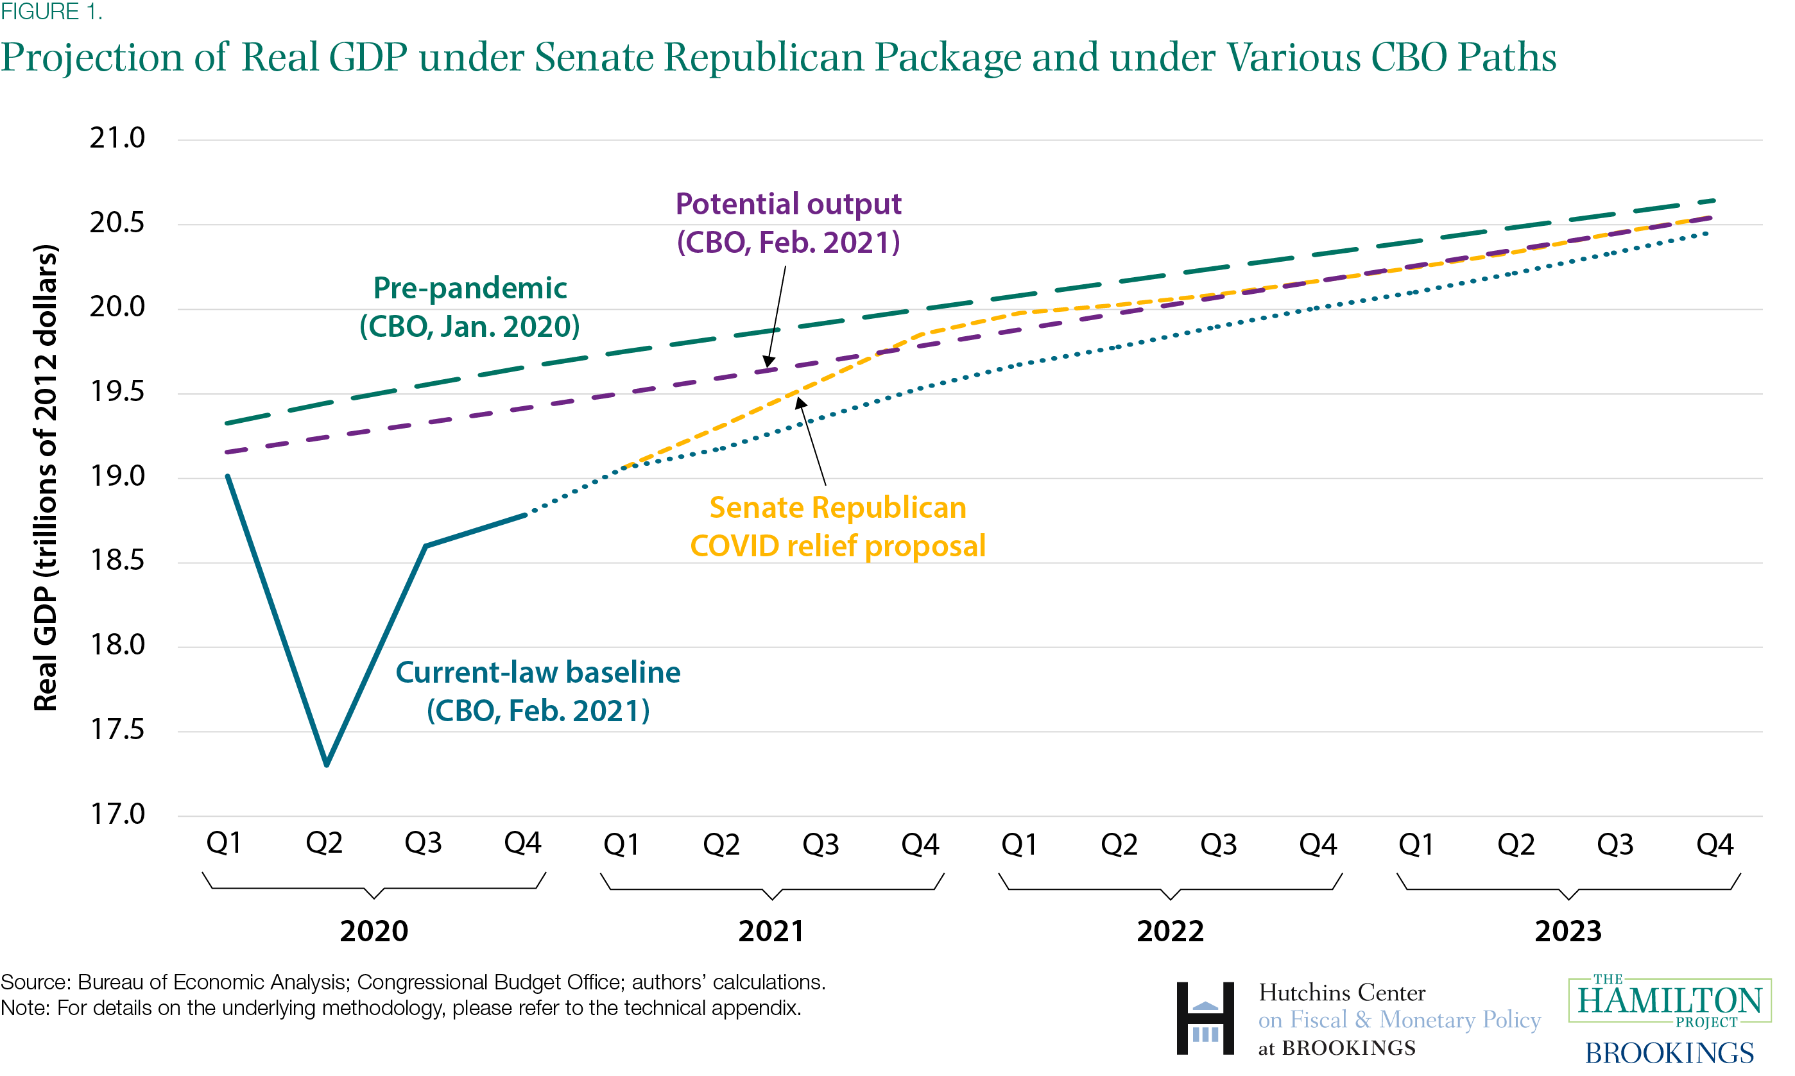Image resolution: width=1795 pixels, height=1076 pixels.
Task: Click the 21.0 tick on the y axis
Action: [117, 138]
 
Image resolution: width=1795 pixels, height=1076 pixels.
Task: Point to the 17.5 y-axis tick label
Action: [117, 730]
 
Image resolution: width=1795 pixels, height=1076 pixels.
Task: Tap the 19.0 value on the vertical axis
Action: [117, 476]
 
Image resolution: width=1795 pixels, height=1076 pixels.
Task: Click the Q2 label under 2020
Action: [323, 842]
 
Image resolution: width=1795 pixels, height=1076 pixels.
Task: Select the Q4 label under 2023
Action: [1715, 844]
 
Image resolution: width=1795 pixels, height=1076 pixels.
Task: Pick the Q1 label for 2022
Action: [1018, 844]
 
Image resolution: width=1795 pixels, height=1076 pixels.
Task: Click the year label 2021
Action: [771, 931]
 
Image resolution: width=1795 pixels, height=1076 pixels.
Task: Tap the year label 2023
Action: [1567, 931]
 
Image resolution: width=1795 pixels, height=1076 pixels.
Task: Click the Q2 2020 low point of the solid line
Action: [327, 764]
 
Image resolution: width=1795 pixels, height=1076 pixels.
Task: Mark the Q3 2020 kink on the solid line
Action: [425, 546]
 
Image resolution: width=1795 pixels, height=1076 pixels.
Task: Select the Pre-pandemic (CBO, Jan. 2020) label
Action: [469, 307]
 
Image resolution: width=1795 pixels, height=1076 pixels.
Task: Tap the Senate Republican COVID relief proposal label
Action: [837, 526]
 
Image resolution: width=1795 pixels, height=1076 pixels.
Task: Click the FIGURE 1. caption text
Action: [51, 12]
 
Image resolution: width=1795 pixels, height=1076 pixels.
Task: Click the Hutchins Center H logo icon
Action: [1205, 1018]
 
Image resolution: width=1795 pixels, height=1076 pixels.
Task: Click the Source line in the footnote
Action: [413, 982]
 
